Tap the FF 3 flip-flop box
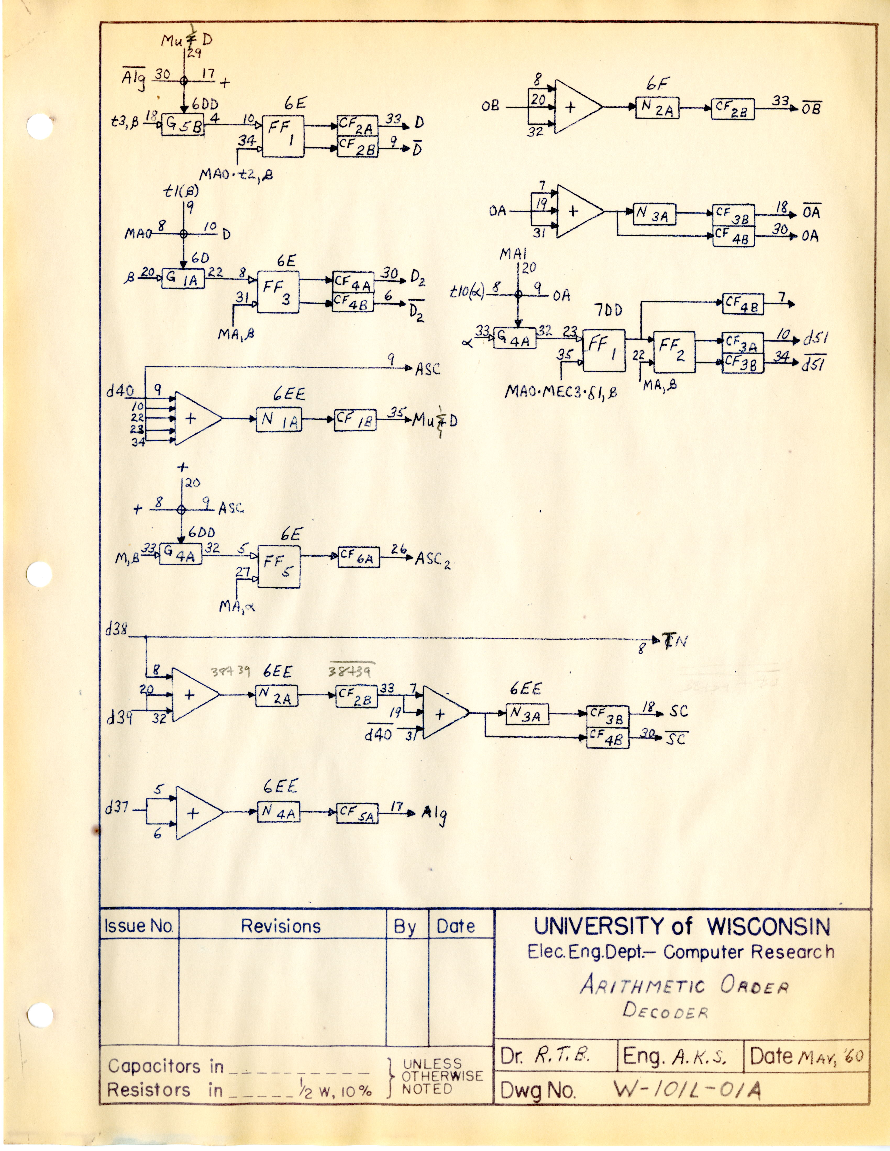coord(278,293)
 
